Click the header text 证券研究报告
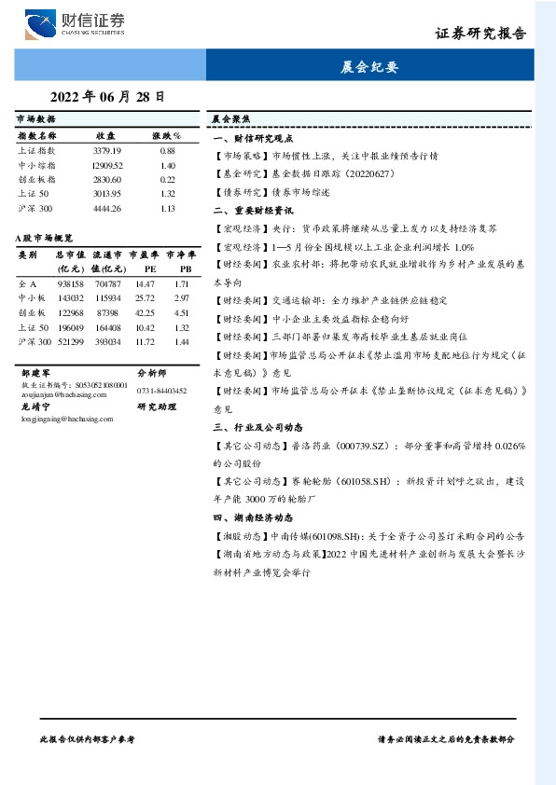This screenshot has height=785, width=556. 480,34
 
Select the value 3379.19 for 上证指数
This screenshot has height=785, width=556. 107,150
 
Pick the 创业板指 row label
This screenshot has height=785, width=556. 36,179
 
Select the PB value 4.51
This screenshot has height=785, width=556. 182,313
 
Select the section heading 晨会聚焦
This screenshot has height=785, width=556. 229,120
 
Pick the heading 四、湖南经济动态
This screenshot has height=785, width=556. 254,516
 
